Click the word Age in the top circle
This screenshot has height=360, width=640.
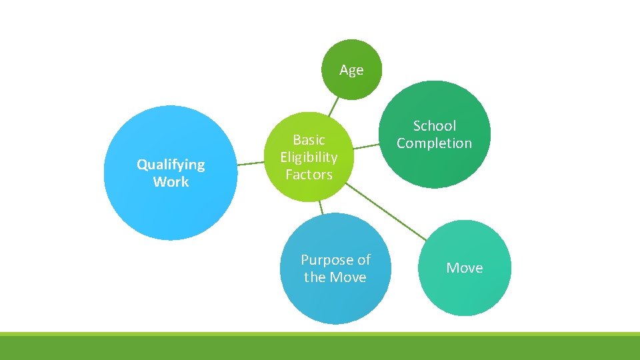(x=351, y=70)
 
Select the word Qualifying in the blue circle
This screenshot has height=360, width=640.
(x=171, y=164)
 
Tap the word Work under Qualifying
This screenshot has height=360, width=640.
(x=171, y=182)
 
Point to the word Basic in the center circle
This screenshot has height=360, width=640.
(x=309, y=139)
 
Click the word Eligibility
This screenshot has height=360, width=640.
(x=309, y=157)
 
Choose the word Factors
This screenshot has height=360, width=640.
(x=309, y=175)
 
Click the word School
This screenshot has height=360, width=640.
(x=435, y=125)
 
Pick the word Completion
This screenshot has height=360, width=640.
(x=434, y=143)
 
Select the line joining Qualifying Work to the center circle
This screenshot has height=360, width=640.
(x=251, y=162)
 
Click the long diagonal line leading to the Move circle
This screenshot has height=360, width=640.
(x=387, y=213)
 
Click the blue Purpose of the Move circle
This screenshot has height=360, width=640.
(x=335, y=300)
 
